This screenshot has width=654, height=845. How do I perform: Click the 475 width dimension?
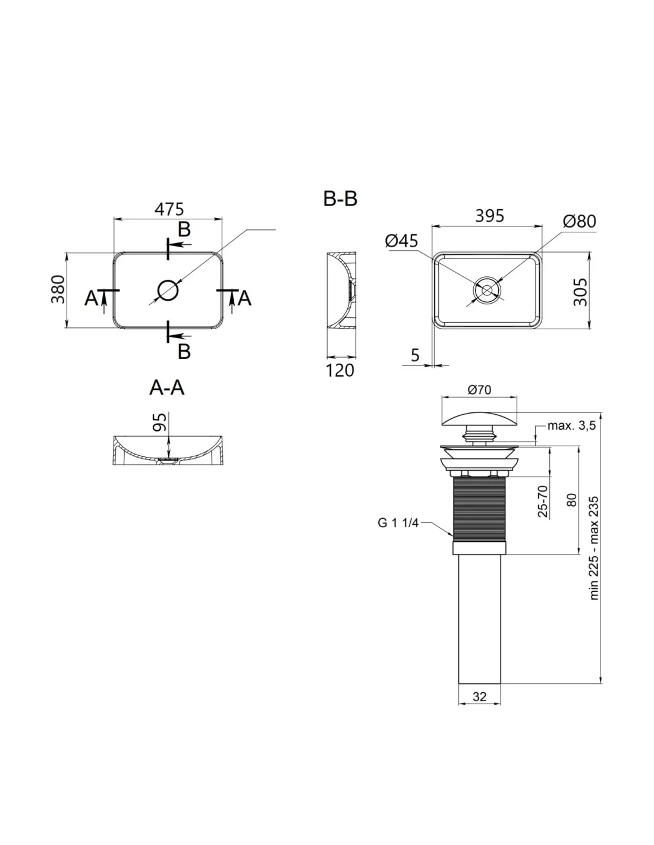point(168,209)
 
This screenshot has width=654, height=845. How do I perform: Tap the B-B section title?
point(339,198)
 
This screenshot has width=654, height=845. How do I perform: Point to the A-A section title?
point(166,387)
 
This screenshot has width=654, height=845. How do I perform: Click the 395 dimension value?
point(489,216)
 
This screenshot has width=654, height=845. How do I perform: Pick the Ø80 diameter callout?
point(579,221)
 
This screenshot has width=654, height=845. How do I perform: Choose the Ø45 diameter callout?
point(401,241)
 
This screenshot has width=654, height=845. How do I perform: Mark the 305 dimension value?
point(581,292)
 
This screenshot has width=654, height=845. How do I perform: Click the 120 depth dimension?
point(339,370)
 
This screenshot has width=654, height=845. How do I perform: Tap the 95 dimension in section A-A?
point(159,422)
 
